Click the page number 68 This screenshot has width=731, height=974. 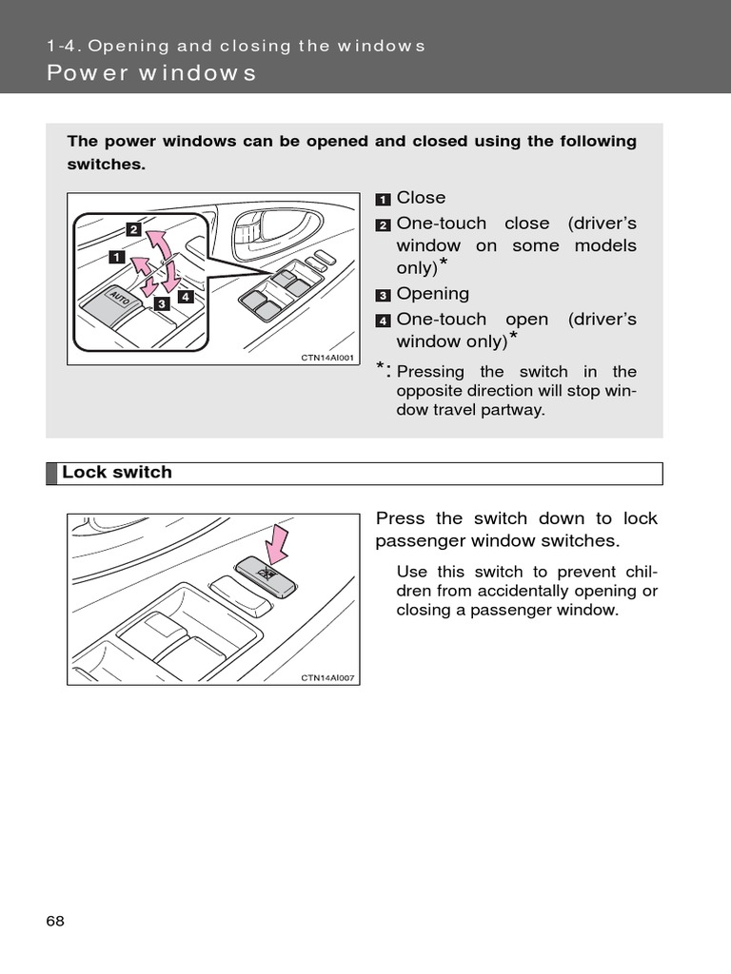[x=54, y=921]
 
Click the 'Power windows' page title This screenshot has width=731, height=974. [x=151, y=73]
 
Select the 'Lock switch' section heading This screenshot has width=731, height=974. [x=117, y=473]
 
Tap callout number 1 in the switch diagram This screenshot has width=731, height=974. [x=116, y=257]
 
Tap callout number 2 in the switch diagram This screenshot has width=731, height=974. [x=133, y=229]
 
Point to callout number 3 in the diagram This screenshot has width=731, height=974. [x=161, y=303]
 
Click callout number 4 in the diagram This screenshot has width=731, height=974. [x=185, y=296]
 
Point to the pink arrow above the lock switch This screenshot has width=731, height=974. [x=276, y=544]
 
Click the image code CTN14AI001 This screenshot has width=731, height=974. [x=327, y=358]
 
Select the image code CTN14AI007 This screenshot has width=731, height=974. [x=327, y=677]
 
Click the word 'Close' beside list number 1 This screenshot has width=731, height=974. [x=421, y=198]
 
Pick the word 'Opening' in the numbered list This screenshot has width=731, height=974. [x=433, y=294]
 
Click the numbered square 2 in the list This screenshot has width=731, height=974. [x=383, y=225]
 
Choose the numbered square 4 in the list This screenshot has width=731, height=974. [x=383, y=321]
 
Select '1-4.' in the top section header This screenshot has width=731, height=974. [x=62, y=46]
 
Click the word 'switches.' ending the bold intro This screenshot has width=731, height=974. [x=107, y=165]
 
